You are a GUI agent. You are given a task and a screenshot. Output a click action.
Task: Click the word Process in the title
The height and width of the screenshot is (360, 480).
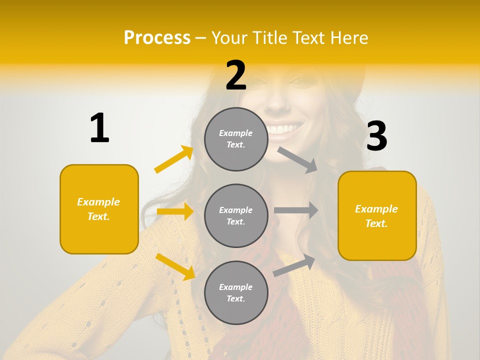pos(157,38)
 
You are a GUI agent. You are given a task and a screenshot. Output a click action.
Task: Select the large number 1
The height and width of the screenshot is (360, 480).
pos(99,128)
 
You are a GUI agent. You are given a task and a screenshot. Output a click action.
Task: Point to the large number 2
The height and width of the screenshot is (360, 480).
pos(236,75)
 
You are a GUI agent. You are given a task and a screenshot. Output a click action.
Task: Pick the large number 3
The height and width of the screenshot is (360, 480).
pos(376,136)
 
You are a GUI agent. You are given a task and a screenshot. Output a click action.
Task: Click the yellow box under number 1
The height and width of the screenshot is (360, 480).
pos(99,209)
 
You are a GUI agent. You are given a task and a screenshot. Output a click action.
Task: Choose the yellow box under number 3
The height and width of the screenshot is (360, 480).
pos(377,215)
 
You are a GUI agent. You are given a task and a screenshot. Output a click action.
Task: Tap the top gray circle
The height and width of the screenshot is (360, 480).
pos(236,139)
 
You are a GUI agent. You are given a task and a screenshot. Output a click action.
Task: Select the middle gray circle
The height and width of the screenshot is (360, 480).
pos(236,215)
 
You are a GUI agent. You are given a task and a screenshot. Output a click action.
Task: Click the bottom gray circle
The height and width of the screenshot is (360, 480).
pos(236,292)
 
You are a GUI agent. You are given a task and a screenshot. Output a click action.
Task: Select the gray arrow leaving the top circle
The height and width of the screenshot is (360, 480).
pos(297,159)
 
